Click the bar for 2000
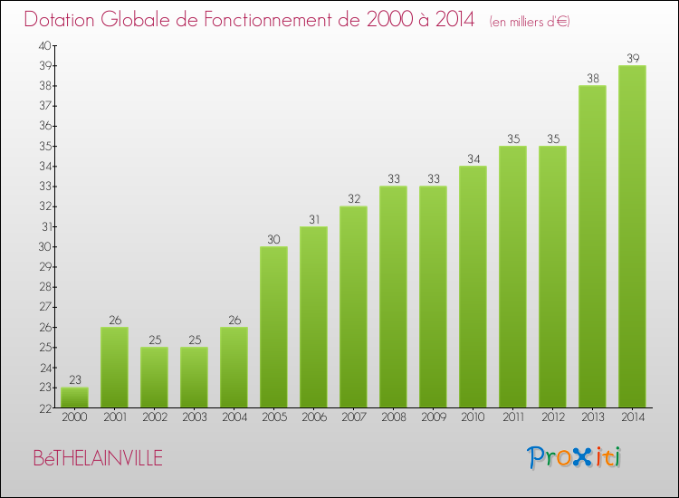click(74, 397)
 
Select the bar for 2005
click(273, 327)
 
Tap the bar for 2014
click(632, 236)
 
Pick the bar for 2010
click(473, 287)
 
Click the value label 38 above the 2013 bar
click(592, 79)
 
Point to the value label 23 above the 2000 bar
click(74, 380)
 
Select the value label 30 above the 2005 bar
click(273, 240)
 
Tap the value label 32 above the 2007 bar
click(353, 199)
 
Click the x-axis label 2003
click(194, 417)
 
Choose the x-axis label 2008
click(393, 417)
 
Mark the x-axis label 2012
click(552, 417)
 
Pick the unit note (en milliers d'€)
click(530, 22)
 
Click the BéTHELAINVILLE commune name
click(98, 459)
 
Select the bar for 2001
click(114, 368)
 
